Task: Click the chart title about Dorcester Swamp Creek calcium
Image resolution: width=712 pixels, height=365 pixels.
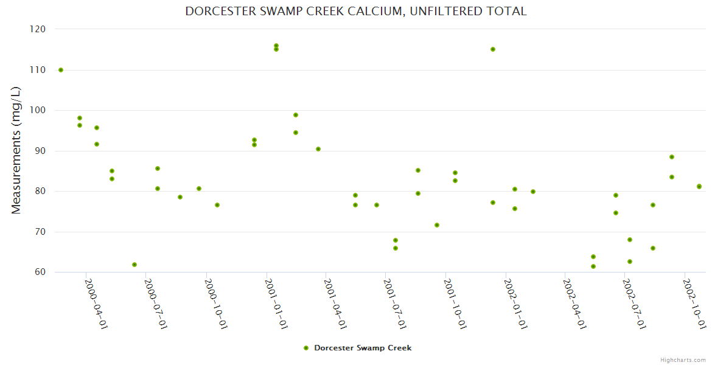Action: tap(356, 12)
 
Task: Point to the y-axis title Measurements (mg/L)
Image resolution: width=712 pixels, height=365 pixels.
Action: tap(16, 150)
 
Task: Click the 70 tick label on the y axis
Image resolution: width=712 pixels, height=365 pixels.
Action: tap(40, 232)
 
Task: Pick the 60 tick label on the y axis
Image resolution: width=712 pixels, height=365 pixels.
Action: tap(40, 272)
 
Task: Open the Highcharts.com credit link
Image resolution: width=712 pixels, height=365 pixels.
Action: tap(683, 360)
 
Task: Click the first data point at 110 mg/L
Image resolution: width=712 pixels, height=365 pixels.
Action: tap(61, 70)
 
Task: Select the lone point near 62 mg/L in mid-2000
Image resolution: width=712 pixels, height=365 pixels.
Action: tap(134, 265)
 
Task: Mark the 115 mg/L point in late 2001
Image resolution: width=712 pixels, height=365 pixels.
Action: tap(493, 49)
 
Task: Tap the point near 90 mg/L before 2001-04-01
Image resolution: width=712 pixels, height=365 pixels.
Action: tap(318, 149)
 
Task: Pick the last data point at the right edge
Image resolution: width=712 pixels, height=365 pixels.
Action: tap(699, 186)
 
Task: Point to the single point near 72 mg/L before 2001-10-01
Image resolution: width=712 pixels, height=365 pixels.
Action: tap(437, 225)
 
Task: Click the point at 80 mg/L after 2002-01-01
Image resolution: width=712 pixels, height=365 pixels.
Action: tap(533, 192)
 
